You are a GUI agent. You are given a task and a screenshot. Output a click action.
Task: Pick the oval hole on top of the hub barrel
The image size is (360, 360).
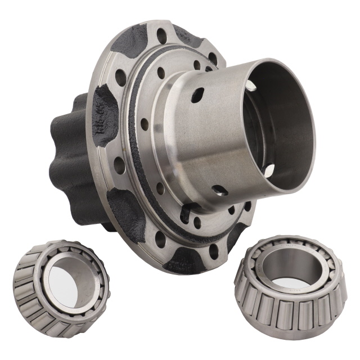coord(197,94)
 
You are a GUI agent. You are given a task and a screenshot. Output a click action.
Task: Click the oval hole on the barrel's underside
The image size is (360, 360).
coord(220,191)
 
